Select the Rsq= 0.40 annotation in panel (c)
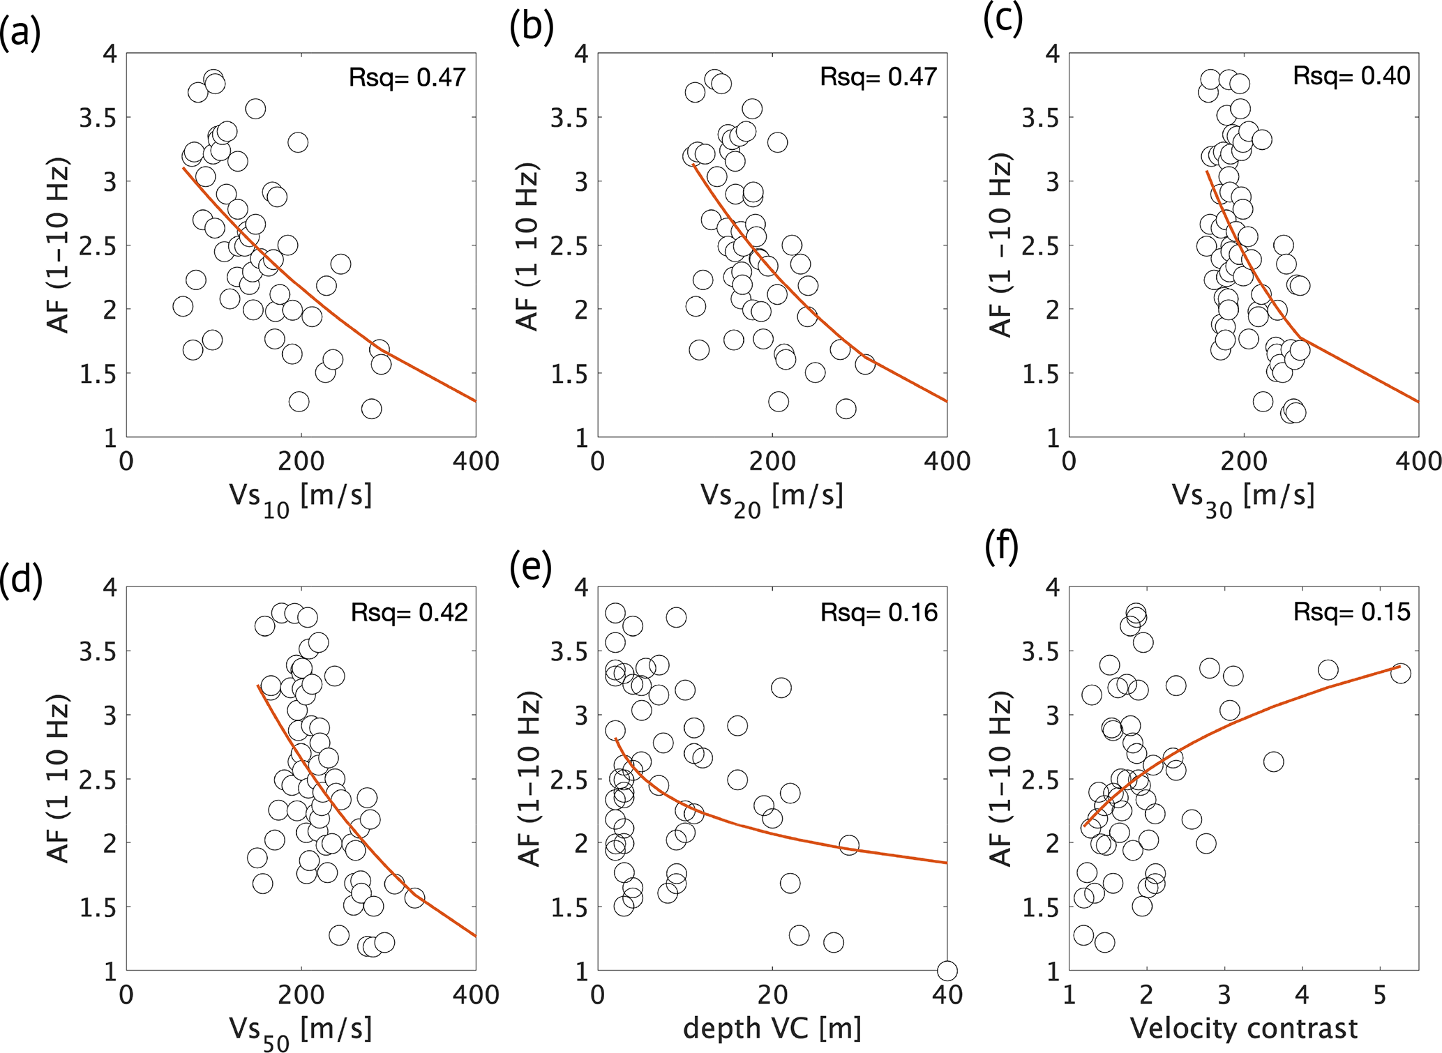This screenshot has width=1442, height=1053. tap(1351, 76)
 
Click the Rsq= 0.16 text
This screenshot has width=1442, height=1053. tap(879, 612)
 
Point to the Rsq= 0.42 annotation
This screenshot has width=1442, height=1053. tap(409, 612)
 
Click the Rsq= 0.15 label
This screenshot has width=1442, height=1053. tap(1351, 612)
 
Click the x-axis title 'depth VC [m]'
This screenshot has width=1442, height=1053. tap(772, 1028)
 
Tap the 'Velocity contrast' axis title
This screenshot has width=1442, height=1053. tap(1244, 1028)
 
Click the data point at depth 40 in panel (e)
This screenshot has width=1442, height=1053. tap(947, 970)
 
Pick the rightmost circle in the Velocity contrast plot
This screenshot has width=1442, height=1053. tap(1400, 673)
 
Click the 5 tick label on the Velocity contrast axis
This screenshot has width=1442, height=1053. tap(1380, 994)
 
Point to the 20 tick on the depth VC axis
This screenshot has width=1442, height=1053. tap(772, 994)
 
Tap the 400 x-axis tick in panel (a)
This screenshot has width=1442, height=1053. tap(476, 462)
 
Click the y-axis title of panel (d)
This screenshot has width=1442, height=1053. tap(59, 779)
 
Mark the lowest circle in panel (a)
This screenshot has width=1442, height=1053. tap(371, 409)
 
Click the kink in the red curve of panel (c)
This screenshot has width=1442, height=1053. tap(1299, 338)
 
